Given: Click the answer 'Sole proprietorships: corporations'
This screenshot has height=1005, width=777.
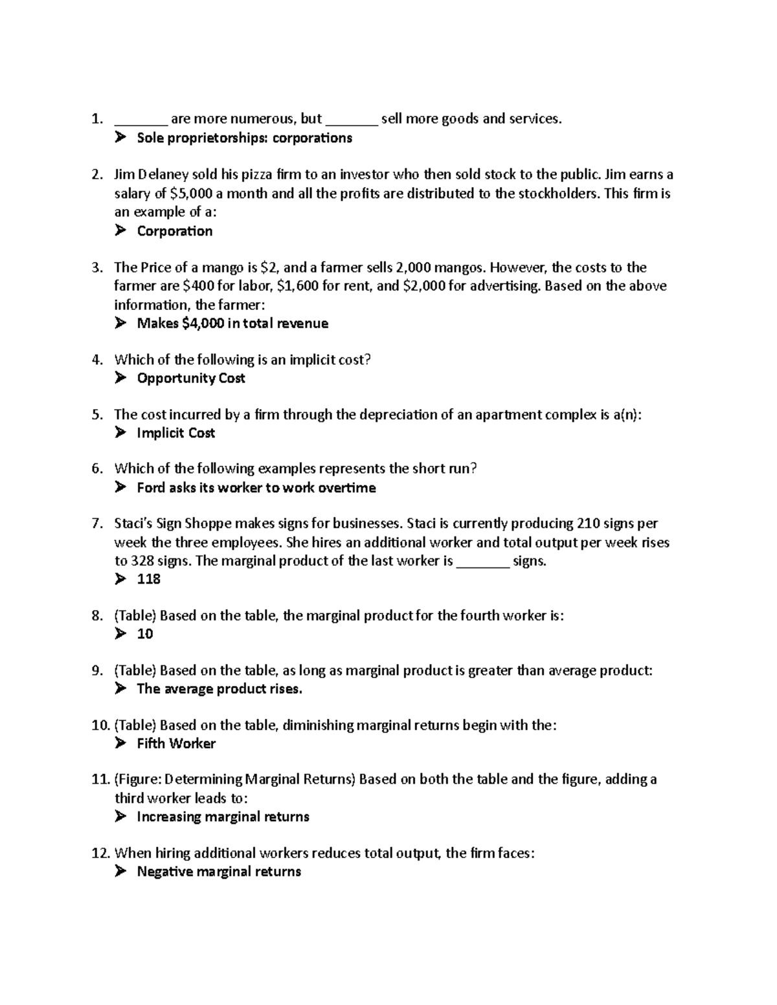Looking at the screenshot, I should point(244,138).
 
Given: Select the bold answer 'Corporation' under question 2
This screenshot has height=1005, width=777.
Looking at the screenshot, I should point(174,231).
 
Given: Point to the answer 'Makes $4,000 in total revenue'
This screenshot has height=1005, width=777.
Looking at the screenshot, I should point(232,324).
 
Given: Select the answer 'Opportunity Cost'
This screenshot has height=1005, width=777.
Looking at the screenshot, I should point(190,378).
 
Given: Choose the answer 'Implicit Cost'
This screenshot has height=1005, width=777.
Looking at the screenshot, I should point(175,433).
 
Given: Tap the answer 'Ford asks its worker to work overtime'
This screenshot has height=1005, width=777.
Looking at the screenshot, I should point(256,488).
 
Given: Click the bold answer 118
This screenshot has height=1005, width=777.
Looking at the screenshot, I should point(148,579).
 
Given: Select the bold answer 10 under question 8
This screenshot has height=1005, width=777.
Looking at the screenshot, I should point(145,634).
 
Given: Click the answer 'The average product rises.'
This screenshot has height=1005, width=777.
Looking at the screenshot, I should point(220,689).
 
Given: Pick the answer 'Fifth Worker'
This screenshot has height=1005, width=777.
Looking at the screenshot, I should point(176,744).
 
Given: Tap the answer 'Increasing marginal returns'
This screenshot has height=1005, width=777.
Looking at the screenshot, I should point(223,817).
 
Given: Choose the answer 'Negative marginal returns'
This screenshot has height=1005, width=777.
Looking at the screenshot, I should point(219,872).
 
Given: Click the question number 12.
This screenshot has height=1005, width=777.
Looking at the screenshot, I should point(100,854).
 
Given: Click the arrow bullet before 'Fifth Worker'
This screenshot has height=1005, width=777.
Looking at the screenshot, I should point(120,744).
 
